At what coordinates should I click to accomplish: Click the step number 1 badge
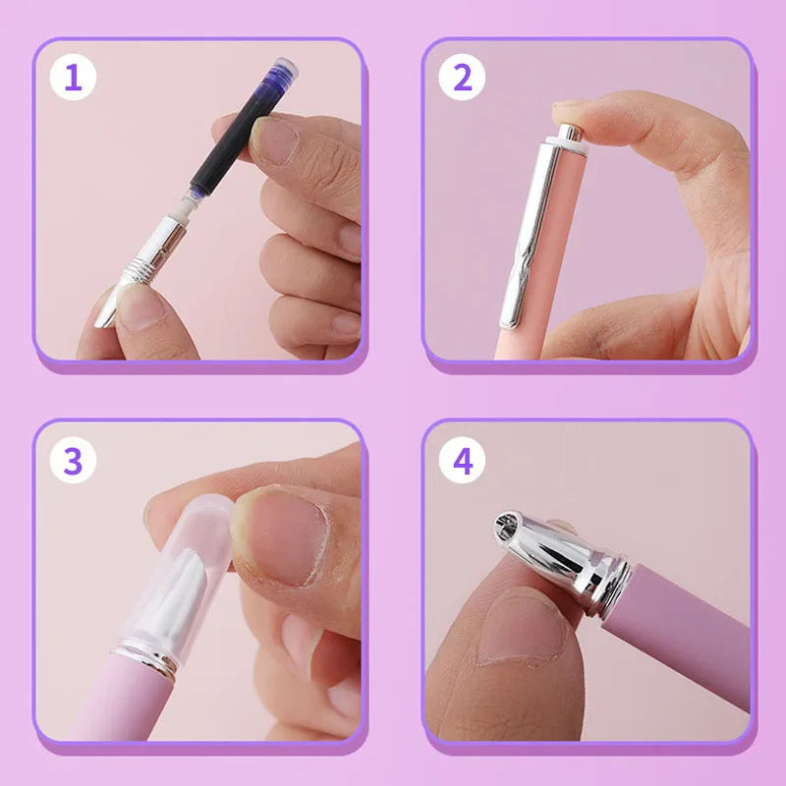tap(73, 78)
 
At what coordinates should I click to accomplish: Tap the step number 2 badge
tap(462, 78)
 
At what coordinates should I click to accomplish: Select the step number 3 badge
tap(73, 460)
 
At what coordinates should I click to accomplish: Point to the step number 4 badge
tap(462, 460)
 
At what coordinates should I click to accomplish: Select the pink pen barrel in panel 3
tap(120, 702)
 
